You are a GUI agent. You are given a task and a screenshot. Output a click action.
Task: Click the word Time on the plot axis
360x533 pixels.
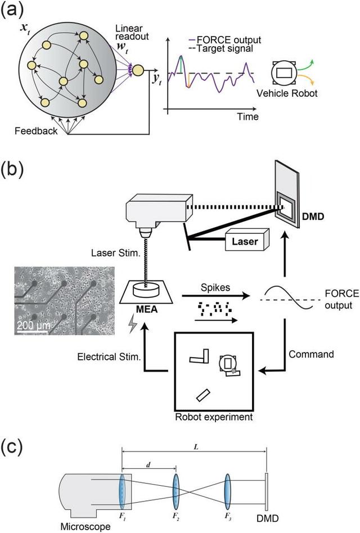(x=247, y=117)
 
